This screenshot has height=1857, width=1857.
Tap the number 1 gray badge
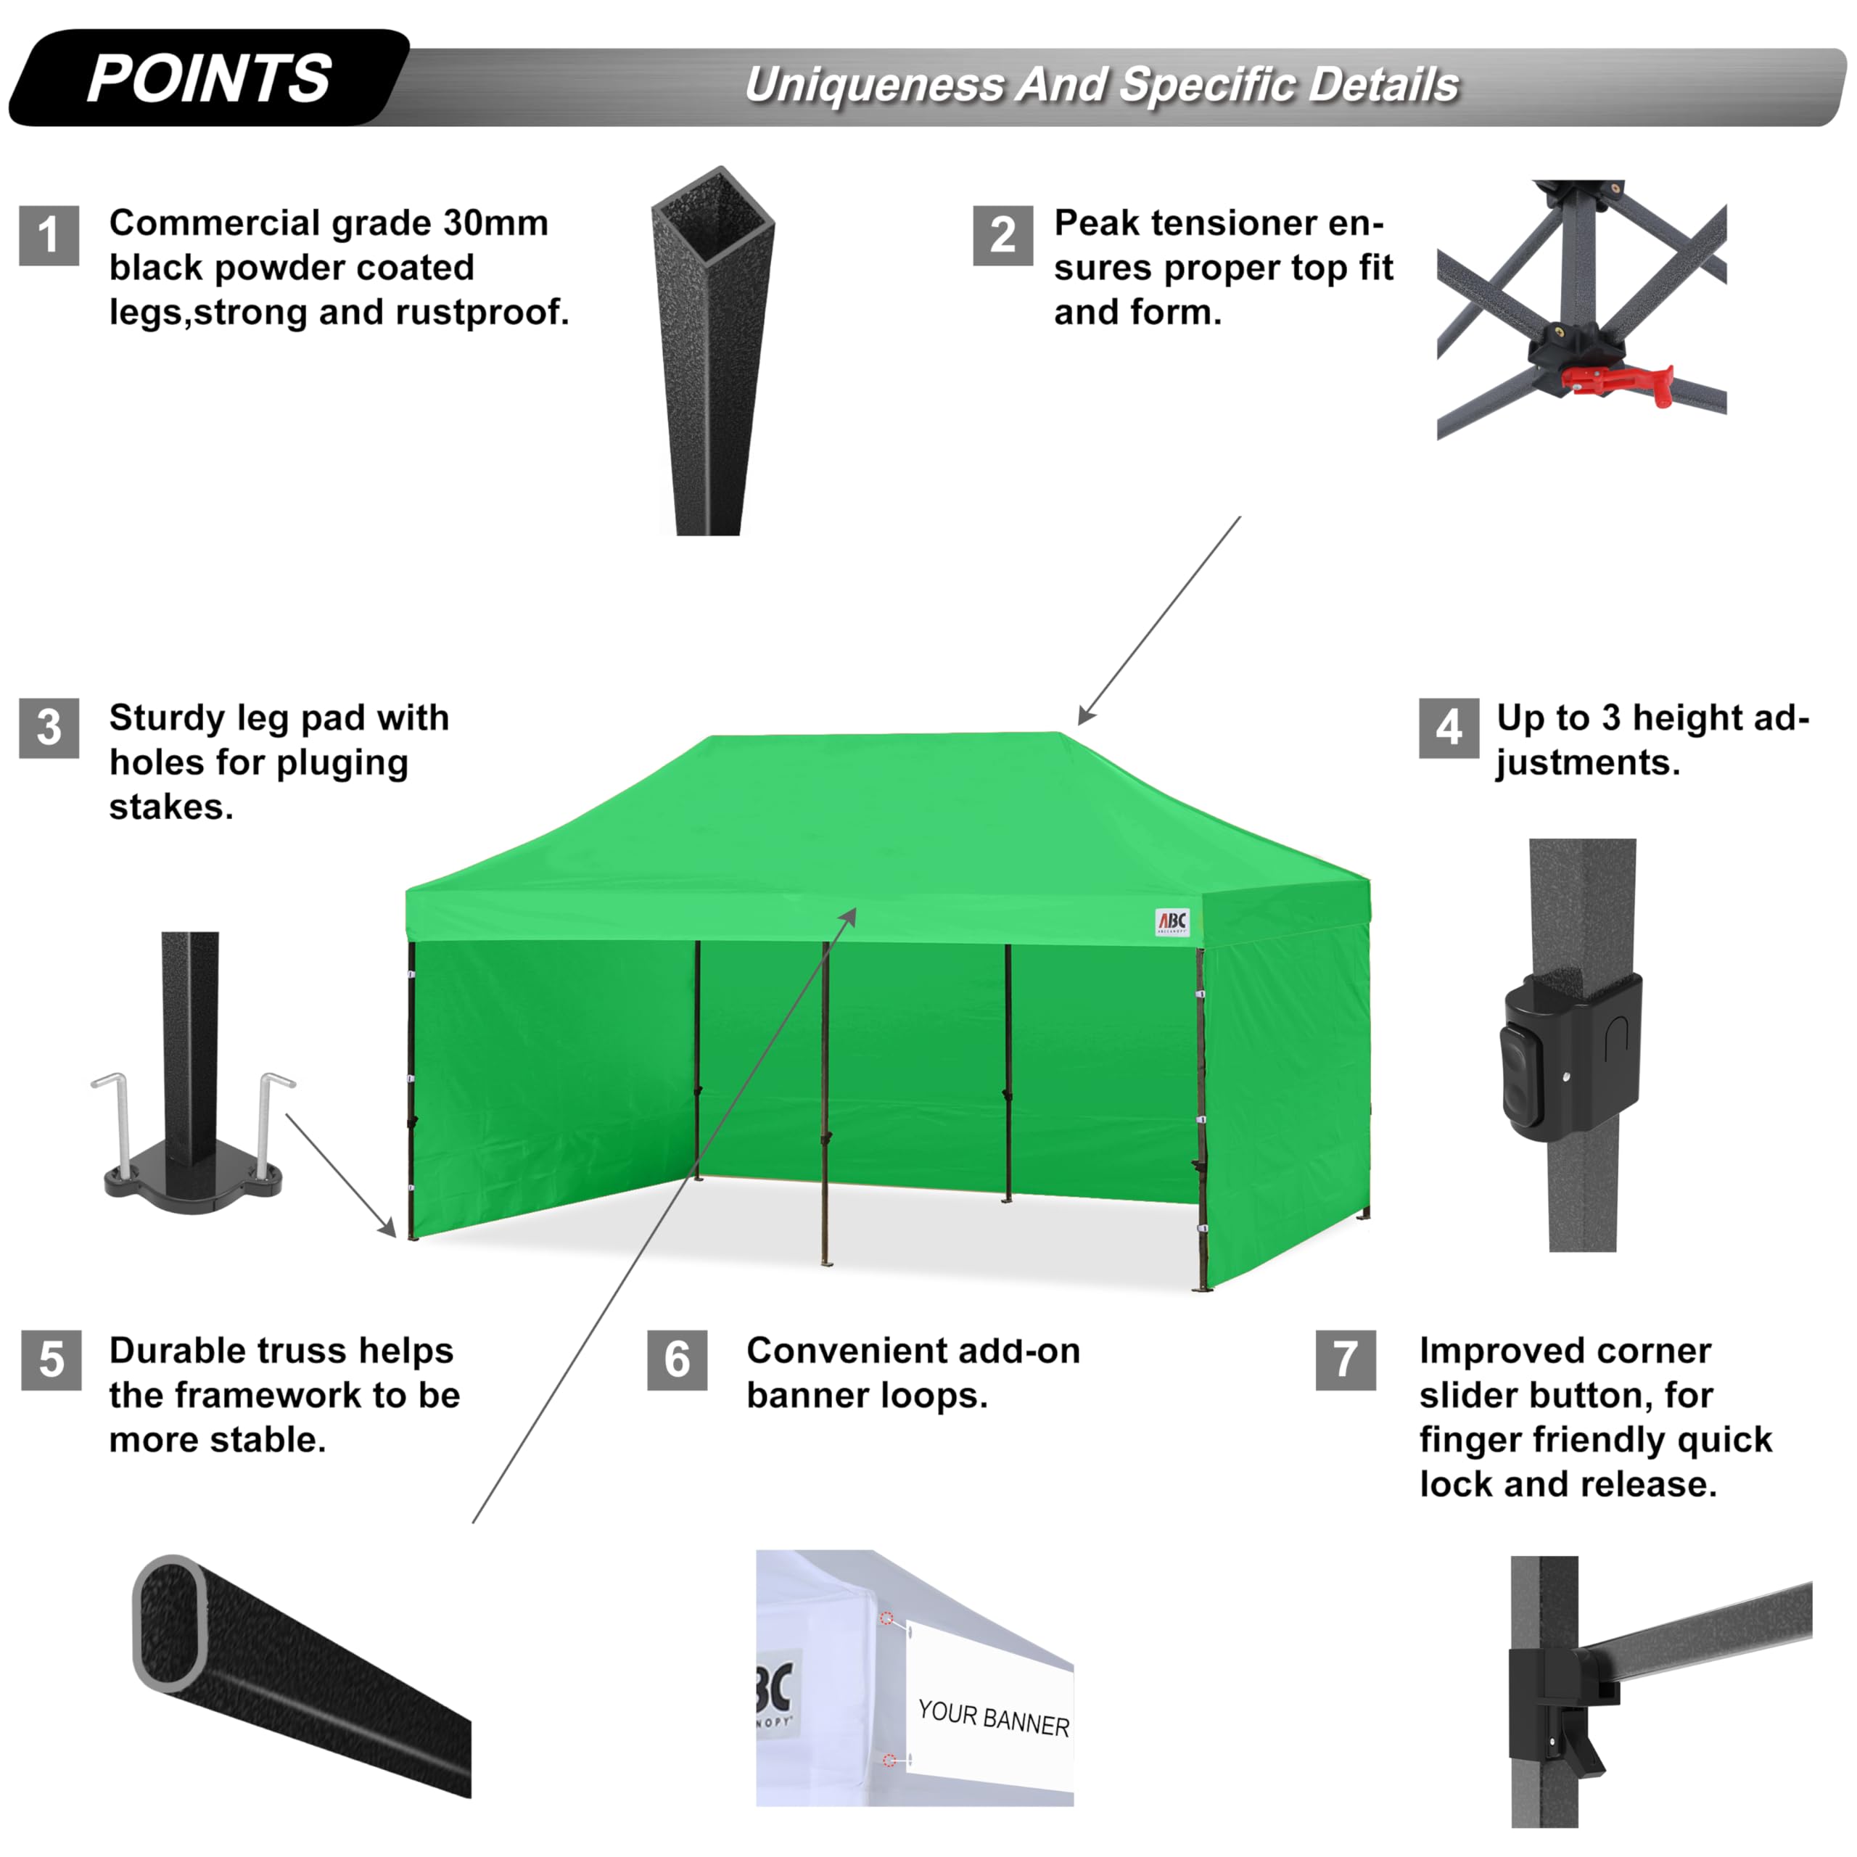[49, 236]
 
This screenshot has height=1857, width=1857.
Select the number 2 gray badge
[1002, 236]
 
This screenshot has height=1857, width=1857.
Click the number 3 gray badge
[49, 728]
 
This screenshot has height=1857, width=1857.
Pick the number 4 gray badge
[1449, 728]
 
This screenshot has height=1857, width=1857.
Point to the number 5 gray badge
[51, 1360]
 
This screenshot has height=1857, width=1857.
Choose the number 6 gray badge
[677, 1360]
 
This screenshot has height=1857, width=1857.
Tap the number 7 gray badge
[1346, 1360]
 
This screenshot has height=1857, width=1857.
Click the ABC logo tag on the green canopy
[1172, 922]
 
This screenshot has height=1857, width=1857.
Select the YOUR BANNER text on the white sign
[993, 1718]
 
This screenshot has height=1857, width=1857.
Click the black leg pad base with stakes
[192, 1187]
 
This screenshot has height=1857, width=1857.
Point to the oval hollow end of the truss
[171, 1623]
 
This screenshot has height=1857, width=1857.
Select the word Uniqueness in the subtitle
[875, 85]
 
